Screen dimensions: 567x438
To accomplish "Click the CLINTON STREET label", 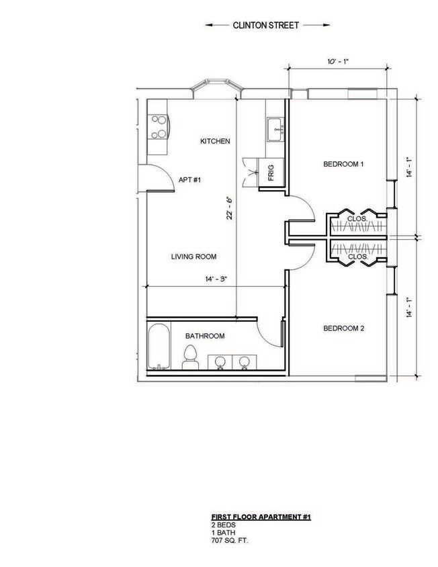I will point(268,26).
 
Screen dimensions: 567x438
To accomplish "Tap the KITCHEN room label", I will point(216,142).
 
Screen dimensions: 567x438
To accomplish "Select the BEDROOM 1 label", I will point(343,164).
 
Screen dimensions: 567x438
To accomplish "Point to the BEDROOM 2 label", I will point(343,329).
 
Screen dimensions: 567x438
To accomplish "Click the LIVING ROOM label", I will point(193,257).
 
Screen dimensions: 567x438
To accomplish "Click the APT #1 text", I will point(190,180).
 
